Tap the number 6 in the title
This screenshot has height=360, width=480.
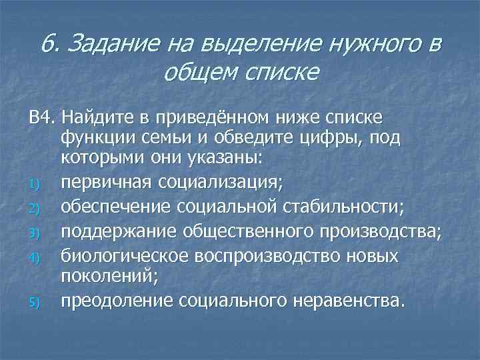point(46,44)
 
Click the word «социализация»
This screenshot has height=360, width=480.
point(218,181)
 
